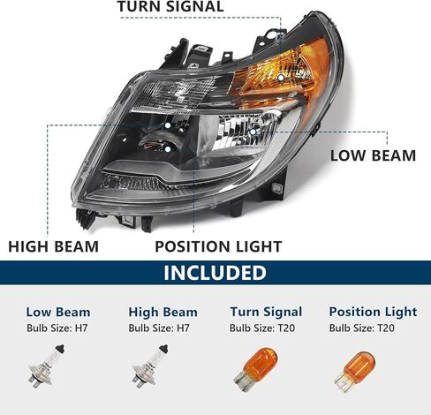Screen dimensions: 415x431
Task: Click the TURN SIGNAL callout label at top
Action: pos(170,8)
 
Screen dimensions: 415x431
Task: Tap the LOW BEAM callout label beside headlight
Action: pos(373,155)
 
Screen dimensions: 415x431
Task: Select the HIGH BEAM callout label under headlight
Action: pos(53,247)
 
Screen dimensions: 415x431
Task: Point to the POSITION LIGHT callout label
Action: pos(218,247)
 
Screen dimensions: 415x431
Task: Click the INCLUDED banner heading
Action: pos(215,273)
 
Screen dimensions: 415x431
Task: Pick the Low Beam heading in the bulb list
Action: pos(58,312)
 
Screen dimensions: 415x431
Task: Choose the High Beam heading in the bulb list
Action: pos(163,312)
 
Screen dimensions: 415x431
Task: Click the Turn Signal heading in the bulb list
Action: pos(266,312)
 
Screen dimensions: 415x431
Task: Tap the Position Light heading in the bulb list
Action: pos(373,312)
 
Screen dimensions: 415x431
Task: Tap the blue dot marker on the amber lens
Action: pos(280,78)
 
